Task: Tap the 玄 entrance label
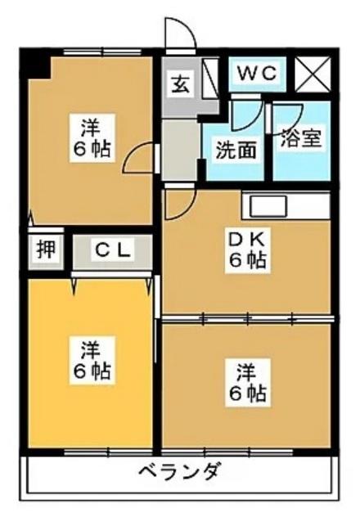[179, 83]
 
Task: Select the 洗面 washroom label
[234, 150]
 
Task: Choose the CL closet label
[111, 251]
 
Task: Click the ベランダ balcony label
[178, 472]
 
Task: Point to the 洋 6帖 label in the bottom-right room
[246, 382]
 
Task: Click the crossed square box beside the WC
[311, 74]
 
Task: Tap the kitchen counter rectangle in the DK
[286, 205]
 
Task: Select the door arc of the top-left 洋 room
[141, 157]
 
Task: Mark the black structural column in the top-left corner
[34, 62]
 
